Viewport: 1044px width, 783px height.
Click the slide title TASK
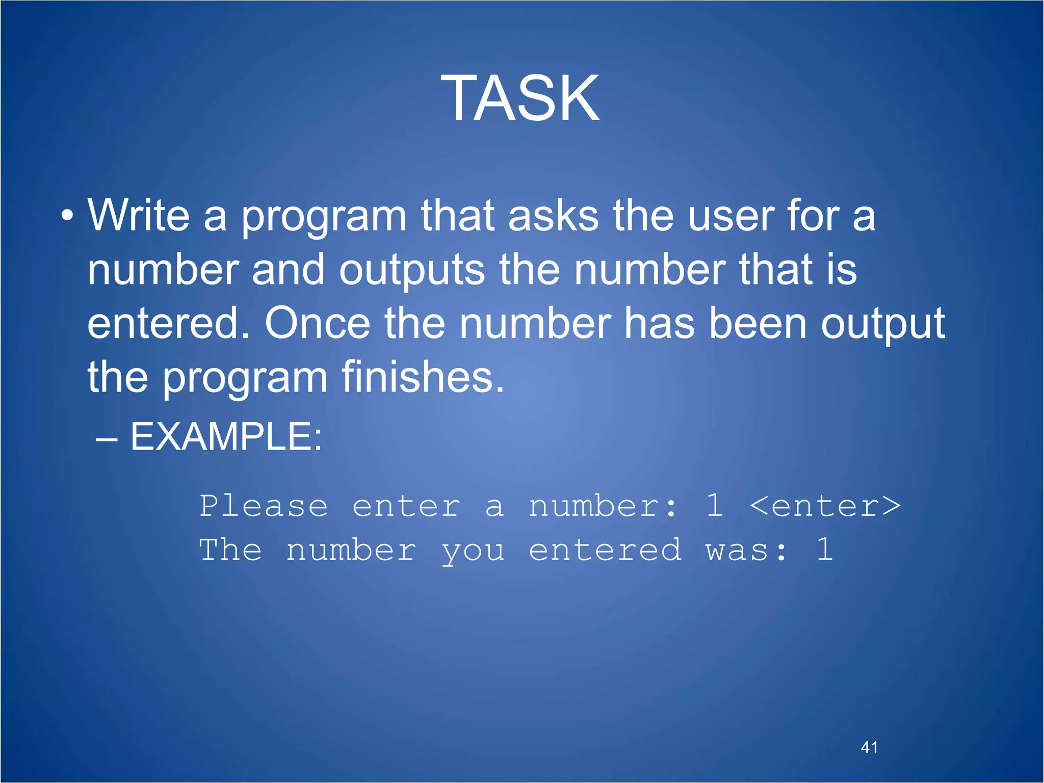[x=520, y=98]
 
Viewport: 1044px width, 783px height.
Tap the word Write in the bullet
[x=139, y=216]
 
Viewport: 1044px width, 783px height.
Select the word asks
[x=553, y=216]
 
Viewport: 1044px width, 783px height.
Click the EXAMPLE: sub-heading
[x=226, y=437]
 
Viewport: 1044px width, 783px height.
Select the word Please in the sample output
[x=263, y=506]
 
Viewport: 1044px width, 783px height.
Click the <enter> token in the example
[x=825, y=506]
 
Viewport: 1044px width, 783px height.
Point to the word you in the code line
[x=473, y=551]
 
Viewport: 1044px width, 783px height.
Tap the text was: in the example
[x=746, y=551]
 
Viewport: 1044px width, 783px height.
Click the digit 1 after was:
[x=824, y=550]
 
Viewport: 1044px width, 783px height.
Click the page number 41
[x=869, y=747]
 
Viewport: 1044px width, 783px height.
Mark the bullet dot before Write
[x=67, y=216]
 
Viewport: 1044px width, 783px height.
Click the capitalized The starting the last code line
[x=230, y=550]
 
